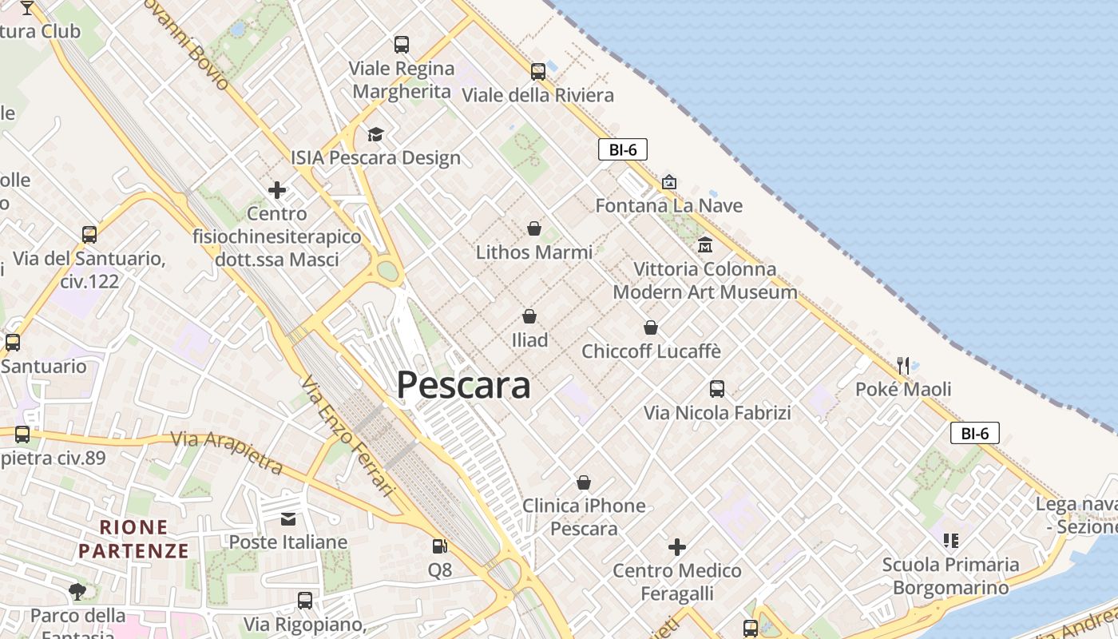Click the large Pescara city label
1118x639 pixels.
[x=463, y=385]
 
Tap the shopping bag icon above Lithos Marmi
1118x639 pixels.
[x=534, y=228]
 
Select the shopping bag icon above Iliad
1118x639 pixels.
[x=529, y=316]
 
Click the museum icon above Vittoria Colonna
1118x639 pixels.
[x=704, y=244]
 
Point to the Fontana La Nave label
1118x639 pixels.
[x=669, y=205]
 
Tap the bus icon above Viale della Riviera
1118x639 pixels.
[x=538, y=71]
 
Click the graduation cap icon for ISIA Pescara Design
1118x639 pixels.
[x=375, y=133]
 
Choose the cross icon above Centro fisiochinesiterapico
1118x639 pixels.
[x=277, y=190]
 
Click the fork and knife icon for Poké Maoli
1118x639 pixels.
[x=903, y=365]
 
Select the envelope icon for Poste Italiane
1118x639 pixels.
[x=288, y=519]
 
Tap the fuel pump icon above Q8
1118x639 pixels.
[x=439, y=546]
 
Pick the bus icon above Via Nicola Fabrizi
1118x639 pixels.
[x=717, y=389]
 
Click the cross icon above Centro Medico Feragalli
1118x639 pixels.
[x=677, y=547]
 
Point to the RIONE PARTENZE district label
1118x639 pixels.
[x=134, y=539]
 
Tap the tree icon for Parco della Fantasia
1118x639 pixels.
[x=77, y=592]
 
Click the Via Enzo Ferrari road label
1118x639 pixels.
[x=348, y=435]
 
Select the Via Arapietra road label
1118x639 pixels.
[x=228, y=452]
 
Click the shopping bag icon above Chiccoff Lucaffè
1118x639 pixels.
[x=651, y=327]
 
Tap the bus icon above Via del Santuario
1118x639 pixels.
[x=89, y=235]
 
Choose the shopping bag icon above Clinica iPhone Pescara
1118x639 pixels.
[x=584, y=482]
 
